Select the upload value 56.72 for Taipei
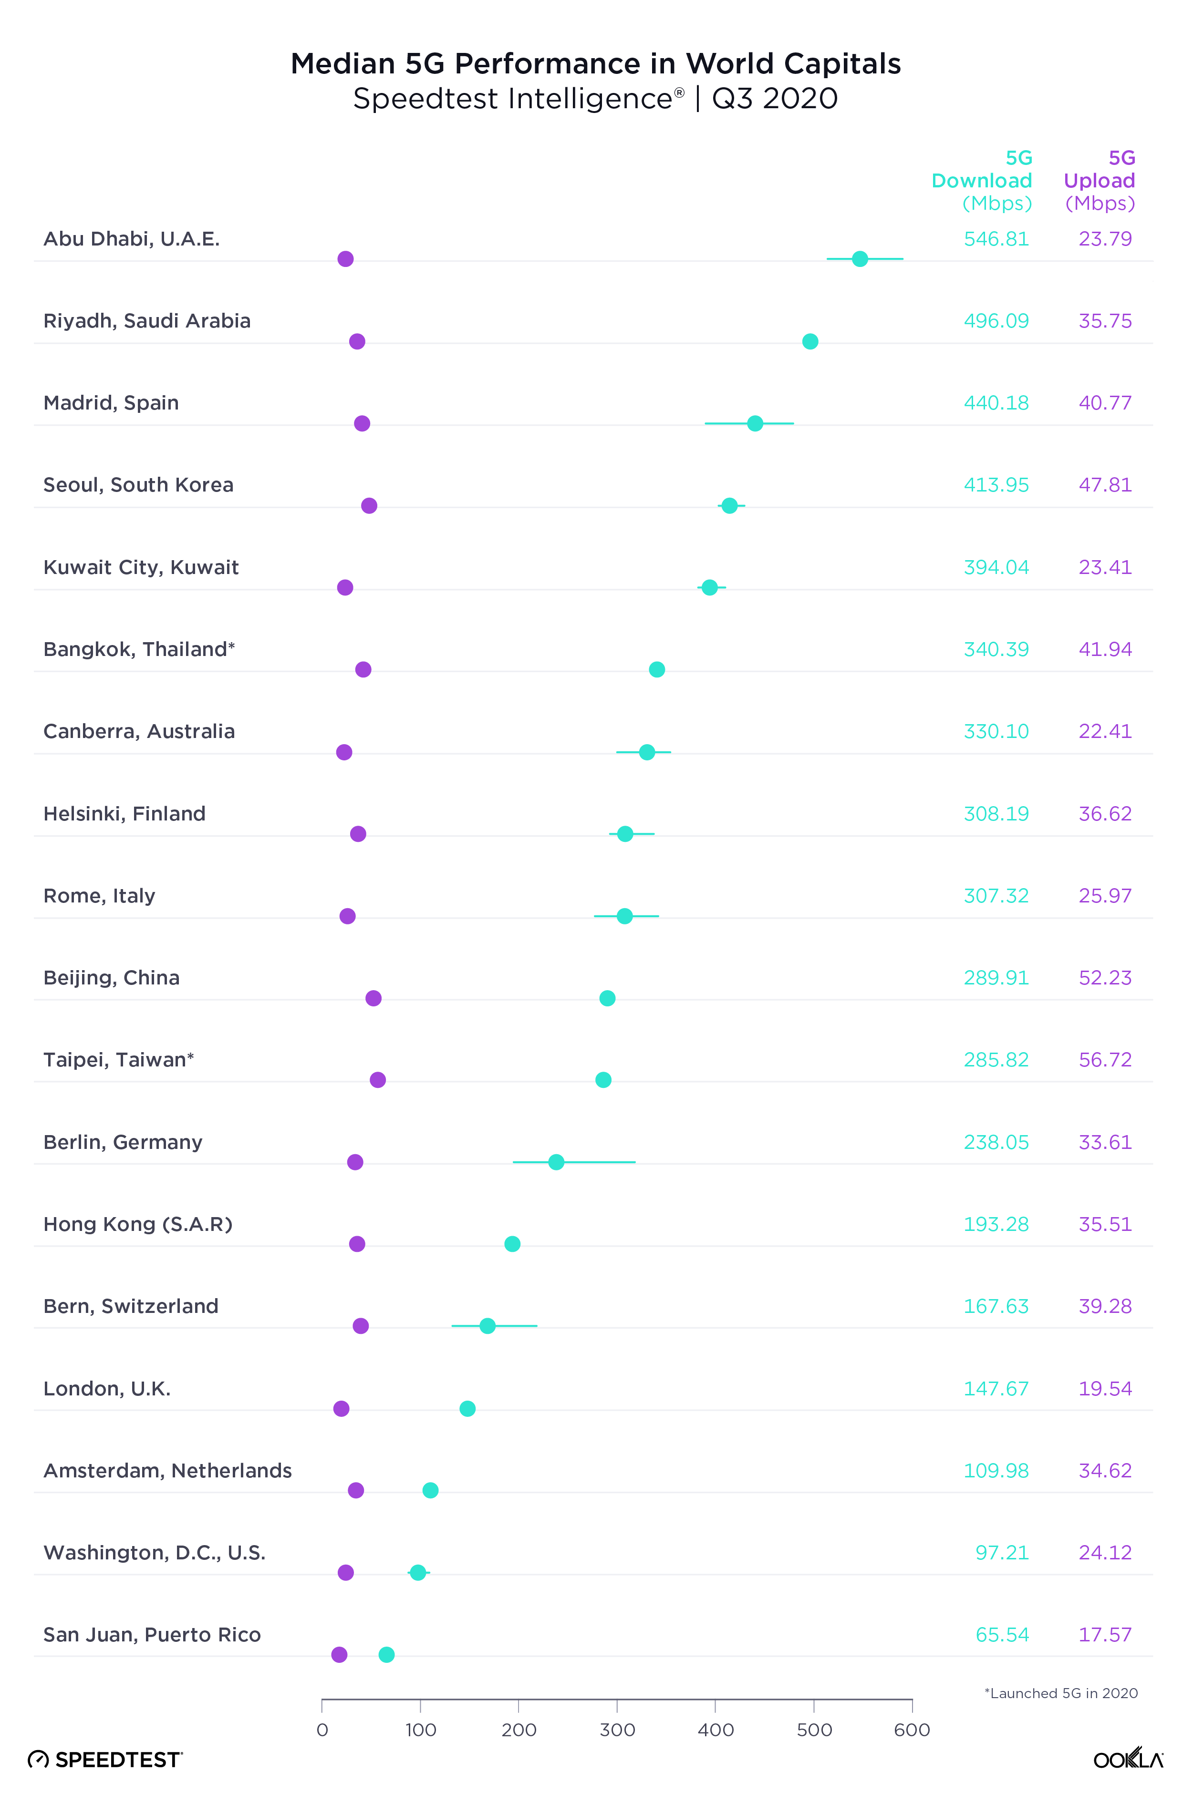click(1105, 1060)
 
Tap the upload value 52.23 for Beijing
click(1105, 978)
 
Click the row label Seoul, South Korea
click(138, 485)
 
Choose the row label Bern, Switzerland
click(131, 1306)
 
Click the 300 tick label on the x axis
click(617, 1731)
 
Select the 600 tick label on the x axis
click(912, 1731)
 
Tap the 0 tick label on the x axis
click(322, 1731)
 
